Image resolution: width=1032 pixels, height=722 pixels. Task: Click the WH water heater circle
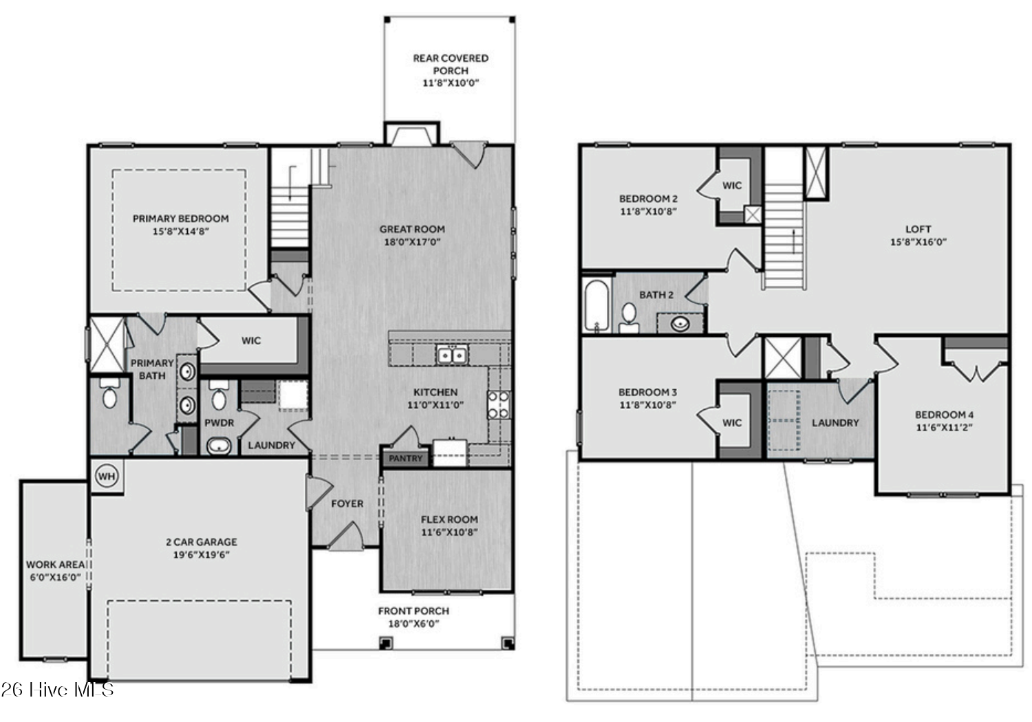coord(107,476)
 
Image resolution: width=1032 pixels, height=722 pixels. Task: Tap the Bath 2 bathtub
coord(596,305)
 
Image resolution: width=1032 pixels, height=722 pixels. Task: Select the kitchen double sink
coord(452,355)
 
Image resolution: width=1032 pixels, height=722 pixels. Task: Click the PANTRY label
coord(405,459)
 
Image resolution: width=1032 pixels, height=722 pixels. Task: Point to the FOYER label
coord(347,504)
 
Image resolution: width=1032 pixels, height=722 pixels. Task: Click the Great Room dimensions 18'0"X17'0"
coord(412,242)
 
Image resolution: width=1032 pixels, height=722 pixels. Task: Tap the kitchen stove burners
coord(499,405)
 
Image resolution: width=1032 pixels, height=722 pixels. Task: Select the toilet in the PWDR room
coord(219,395)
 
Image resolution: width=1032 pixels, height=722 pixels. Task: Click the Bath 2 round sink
coord(680,324)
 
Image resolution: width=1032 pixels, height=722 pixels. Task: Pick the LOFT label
coord(918,229)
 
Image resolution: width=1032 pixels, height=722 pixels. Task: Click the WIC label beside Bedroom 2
coord(732,186)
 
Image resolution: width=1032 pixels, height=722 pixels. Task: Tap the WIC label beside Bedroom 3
coord(732,423)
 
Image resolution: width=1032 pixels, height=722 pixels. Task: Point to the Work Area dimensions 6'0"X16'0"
coord(55,578)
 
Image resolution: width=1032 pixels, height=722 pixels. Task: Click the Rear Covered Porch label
coord(451,65)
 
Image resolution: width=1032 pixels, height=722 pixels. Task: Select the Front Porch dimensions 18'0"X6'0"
coord(413,624)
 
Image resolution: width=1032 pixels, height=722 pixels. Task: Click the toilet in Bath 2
coord(629,318)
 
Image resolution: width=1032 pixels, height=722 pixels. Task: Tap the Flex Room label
coord(449,520)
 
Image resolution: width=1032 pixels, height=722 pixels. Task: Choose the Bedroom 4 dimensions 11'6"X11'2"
coord(944,427)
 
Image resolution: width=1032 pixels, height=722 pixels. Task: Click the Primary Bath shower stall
coord(107,344)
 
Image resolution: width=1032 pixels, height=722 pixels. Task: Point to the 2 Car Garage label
coord(202,543)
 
